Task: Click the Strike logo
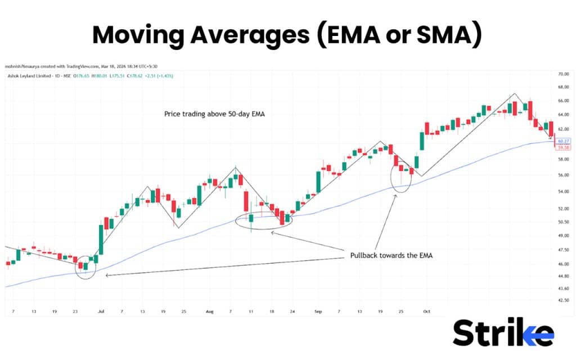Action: (503, 332)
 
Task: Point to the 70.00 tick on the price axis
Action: (563, 74)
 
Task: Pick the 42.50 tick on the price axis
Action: (563, 300)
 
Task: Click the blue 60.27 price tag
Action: (563, 141)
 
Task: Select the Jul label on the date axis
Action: (101, 310)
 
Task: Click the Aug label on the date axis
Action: (210, 310)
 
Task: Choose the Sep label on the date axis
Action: (318, 310)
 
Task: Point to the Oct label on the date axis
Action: (426, 310)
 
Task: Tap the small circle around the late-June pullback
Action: (85, 267)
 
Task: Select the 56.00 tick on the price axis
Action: (563, 175)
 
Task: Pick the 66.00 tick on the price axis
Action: (563, 101)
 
